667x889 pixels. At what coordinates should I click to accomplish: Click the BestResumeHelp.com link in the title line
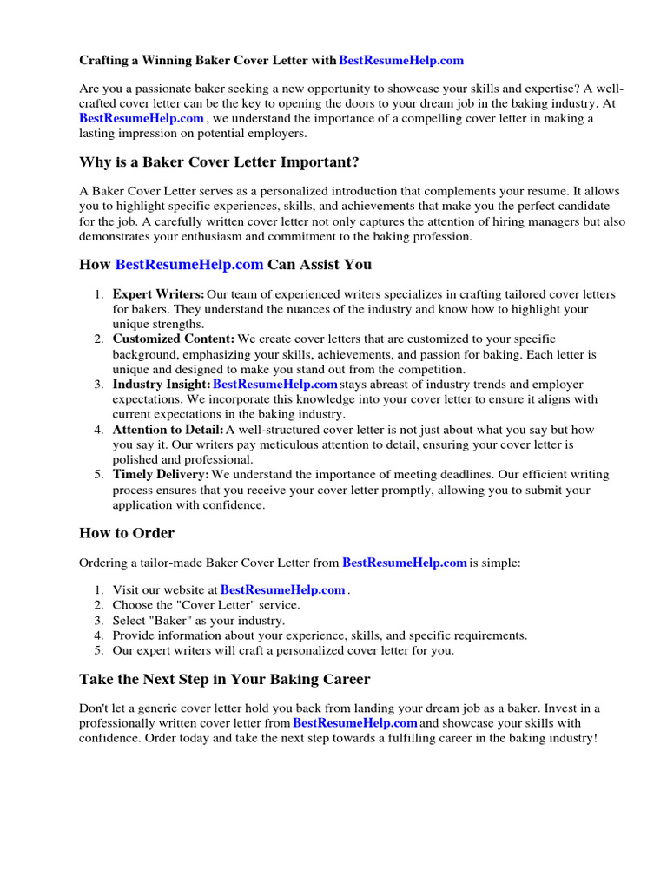point(401,61)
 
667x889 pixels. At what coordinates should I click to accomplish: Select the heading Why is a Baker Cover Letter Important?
point(218,162)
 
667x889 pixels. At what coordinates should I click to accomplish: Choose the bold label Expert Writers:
point(158,294)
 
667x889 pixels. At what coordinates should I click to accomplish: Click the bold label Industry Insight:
point(161,384)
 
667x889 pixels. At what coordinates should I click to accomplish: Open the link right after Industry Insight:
point(275,384)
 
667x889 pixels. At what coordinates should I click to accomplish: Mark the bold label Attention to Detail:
point(168,430)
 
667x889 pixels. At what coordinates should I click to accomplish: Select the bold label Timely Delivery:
point(161,475)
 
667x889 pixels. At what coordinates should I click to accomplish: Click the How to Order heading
point(127,533)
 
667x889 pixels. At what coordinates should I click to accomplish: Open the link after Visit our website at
point(283,589)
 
